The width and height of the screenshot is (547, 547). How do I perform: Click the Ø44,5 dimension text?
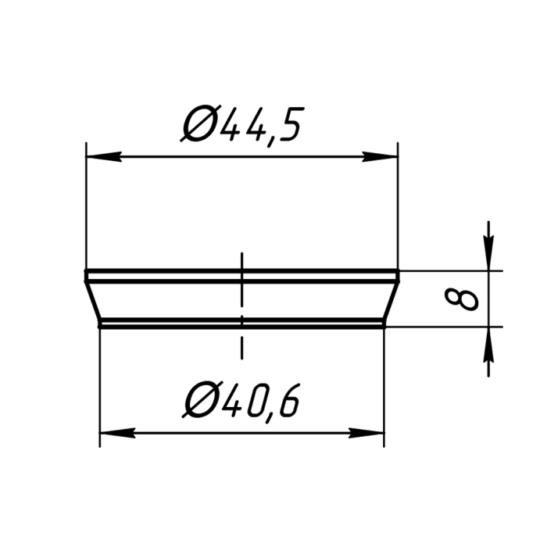pyautogui.click(x=242, y=124)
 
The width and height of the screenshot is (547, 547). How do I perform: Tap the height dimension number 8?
pyautogui.click(x=461, y=299)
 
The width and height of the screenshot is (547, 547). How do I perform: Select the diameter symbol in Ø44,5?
pyautogui.click(x=198, y=123)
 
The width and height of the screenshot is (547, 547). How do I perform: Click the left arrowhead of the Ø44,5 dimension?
pyautogui.click(x=104, y=156)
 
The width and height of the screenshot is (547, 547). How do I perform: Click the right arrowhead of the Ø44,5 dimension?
pyautogui.click(x=380, y=156)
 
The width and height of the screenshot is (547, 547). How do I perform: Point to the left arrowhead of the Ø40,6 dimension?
pyautogui.click(x=117, y=433)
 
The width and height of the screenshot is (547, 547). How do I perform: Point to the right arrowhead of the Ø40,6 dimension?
pyautogui.click(x=366, y=433)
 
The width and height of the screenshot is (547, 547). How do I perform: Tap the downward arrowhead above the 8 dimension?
pyautogui.click(x=488, y=253)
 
